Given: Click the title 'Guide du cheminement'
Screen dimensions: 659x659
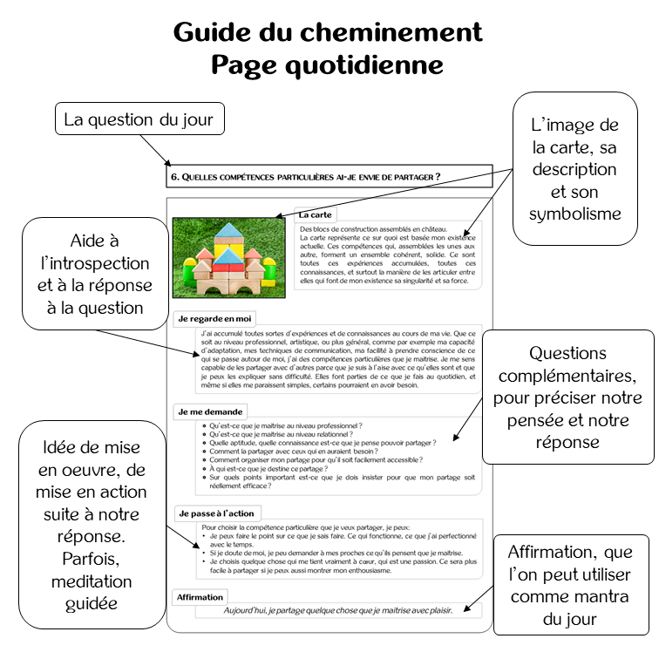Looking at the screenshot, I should tap(328, 32).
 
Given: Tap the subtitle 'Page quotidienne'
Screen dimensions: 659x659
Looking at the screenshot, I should tap(328, 65).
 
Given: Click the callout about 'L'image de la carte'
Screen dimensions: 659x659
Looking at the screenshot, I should tap(574, 168).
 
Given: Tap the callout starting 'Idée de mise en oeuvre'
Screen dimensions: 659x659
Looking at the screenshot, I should tap(85, 513).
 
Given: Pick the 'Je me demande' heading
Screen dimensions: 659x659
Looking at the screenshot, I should tap(210, 411).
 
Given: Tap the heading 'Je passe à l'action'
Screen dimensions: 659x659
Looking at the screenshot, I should tap(215, 513).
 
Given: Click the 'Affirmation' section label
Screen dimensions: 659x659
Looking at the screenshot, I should tap(200, 597).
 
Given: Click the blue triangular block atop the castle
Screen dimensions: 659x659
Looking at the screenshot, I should tap(229, 230).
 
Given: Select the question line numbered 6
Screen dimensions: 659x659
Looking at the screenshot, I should tap(305, 177).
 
